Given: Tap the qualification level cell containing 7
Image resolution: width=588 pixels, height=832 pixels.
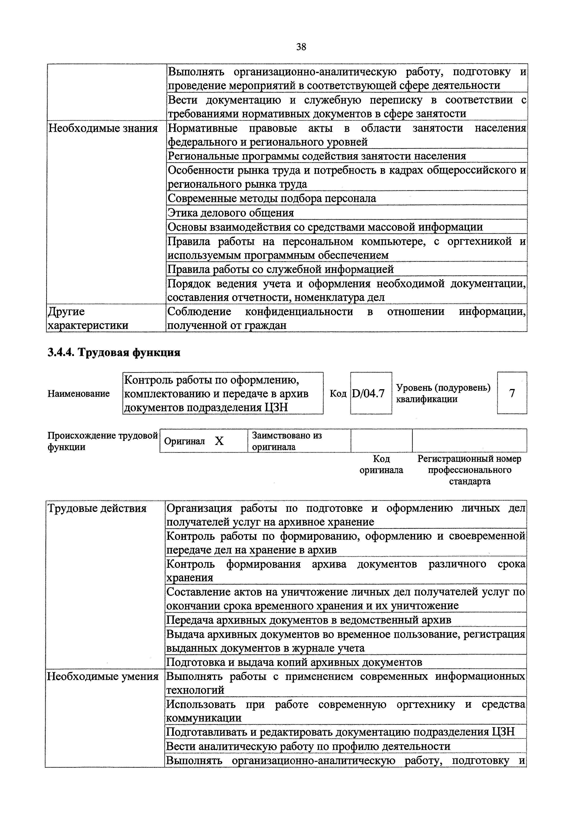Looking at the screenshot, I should [x=512, y=393].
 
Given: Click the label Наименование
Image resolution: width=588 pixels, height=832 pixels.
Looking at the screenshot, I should [x=79, y=393].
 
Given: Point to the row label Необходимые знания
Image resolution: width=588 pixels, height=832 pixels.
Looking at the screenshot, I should [x=103, y=128].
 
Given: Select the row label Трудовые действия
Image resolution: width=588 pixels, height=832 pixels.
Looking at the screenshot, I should [x=97, y=508].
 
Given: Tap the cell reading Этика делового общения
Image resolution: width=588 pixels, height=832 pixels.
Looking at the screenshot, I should [x=231, y=213].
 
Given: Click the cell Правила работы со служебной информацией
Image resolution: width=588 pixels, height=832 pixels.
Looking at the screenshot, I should [x=281, y=269].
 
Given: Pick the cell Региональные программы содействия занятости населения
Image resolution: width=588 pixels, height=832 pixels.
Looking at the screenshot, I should [x=317, y=156].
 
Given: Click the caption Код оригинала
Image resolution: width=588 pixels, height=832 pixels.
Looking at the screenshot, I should [x=381, y=465].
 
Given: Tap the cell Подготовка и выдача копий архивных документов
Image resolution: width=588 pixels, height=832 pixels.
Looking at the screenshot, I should [x=294, y=662].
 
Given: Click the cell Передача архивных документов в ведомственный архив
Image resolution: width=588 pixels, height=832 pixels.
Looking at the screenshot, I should [x=309, y=620].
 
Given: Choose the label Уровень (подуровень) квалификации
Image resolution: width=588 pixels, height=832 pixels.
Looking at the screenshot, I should [x=444, y=393].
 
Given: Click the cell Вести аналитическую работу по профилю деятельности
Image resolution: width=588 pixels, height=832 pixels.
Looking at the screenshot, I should [x=308, y=746].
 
